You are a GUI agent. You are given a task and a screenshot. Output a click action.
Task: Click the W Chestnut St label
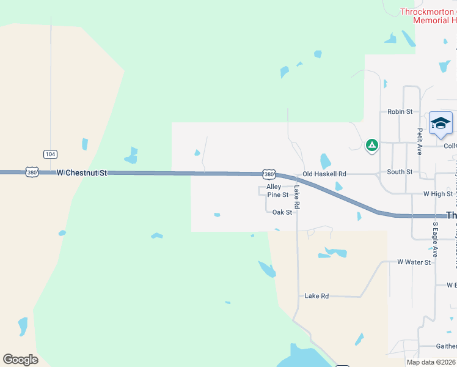(81, 173)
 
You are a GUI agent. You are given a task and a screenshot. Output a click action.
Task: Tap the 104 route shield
(50, 154)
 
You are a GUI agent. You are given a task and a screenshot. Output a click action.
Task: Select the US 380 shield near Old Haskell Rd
(269, 174)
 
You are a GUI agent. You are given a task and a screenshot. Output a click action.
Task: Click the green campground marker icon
(371, 146)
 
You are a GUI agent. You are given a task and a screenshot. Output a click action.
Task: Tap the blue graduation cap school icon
(441, 124)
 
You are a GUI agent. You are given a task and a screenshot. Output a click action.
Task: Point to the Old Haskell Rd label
(324, 174)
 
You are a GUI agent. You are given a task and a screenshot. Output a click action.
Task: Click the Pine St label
(277, 195)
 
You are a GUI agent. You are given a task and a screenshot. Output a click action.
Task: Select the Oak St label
(282, 212)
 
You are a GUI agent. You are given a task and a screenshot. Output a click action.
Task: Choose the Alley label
(274, 187)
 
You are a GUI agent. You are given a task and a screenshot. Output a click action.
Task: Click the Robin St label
(400, 112)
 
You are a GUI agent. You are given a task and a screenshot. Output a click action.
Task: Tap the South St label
(400, 172)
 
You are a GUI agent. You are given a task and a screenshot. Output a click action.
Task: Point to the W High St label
(438, 194)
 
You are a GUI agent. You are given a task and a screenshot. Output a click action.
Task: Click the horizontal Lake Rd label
(316, 296)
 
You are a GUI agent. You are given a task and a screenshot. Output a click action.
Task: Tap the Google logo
(20, 359)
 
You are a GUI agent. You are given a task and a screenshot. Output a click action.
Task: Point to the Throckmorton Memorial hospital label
(428, 16)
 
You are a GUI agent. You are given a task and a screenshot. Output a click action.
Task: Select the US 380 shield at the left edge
(32, 173)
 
